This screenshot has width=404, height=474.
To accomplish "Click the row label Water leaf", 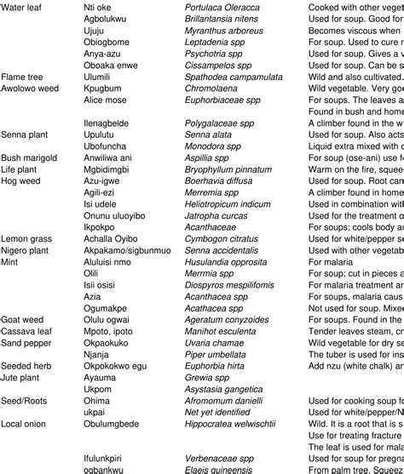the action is [22, 6].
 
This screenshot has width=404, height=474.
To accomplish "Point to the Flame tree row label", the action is [21, 76].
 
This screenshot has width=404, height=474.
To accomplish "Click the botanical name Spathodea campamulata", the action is [234, 76].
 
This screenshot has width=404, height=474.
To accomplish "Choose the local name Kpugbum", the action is [103, 88].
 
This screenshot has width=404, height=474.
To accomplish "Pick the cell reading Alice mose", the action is [105, 100].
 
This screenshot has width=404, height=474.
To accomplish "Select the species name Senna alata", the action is [209, 134].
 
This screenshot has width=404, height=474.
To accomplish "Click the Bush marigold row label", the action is [29, 157].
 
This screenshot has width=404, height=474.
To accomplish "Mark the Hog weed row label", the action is [20, 181].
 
